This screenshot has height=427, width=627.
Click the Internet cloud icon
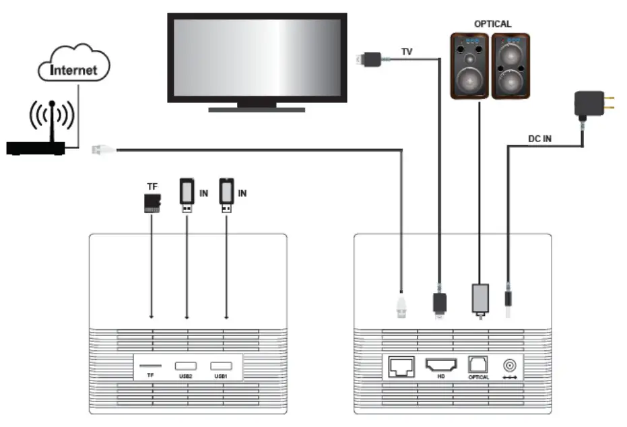pos(74,64)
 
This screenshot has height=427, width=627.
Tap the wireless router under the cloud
pos(36,147)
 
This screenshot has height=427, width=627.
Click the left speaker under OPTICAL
pos(470,66)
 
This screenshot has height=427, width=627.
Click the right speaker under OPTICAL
pos(511,66)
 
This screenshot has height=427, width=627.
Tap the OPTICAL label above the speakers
pos(492,24)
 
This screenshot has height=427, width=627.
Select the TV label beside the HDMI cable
pos(407,51)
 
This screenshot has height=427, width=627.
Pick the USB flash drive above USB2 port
pos(187,195)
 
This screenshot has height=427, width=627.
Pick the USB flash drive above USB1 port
pos(226,195)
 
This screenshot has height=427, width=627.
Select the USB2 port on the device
pos(187,366)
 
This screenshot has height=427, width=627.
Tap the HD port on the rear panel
pos(440,366)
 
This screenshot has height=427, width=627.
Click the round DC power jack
pos(510,366)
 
